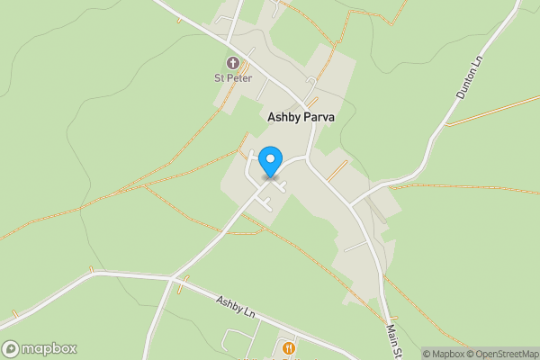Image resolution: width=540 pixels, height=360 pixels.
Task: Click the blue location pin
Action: click(269, 162)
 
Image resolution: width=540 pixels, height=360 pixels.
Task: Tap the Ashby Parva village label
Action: click(301, 117)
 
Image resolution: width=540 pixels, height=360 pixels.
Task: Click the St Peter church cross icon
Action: click(233, 63)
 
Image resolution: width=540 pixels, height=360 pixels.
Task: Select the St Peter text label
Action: click(233, 78)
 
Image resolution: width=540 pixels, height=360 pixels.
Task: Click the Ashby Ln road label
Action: click(236, 305)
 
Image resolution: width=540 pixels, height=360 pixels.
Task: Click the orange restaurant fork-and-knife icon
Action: click(288, 348)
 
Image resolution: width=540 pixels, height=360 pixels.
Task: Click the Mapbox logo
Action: click(40, 348)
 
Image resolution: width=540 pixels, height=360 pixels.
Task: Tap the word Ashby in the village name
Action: click(284, 117)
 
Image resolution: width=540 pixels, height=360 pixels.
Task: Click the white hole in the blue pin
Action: click(269, 158)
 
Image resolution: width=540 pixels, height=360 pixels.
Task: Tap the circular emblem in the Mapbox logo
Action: click(12, 348)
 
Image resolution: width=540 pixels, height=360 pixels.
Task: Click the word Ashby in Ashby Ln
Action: click(230, 302)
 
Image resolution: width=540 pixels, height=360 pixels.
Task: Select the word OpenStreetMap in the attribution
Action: click(504, 354)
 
